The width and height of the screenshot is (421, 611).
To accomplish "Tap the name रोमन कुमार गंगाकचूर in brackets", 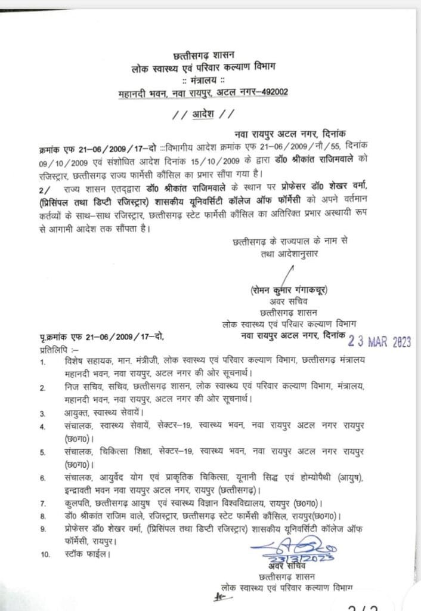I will (290, 290).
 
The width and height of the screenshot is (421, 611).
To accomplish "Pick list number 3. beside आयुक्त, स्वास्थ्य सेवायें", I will (43, 412).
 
